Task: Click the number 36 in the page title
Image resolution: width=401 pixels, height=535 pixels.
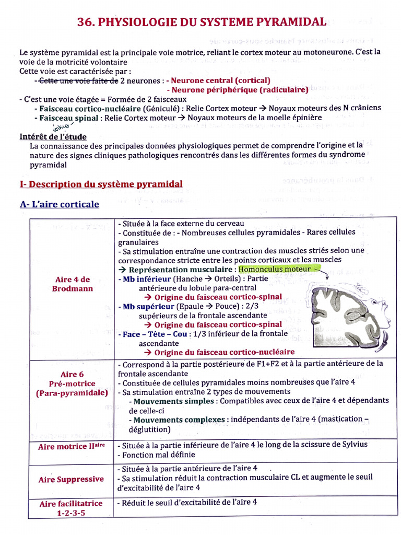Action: tap(85, 22)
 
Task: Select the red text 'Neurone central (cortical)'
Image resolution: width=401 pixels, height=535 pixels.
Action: tap(220, 80)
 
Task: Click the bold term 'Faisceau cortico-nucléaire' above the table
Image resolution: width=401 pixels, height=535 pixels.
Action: tap(89, 108)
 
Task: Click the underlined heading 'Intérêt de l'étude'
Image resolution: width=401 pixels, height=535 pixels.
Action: tap(53, 136)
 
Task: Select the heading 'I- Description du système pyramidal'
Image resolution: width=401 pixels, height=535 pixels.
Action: tap(101, 184)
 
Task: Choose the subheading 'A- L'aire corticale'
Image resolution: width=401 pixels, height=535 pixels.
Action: tap(59, 204)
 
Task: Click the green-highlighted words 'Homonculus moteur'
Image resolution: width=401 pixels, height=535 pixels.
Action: tap(275, 269)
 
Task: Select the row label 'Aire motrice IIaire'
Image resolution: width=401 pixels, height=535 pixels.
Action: tap(72, 447)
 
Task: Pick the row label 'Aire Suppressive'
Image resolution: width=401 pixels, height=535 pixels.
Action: tap(72, 479)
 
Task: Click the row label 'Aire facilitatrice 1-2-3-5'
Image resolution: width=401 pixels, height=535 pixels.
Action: tap(72, 508)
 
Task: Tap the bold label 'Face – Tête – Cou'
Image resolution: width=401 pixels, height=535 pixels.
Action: tap(154, 334)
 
